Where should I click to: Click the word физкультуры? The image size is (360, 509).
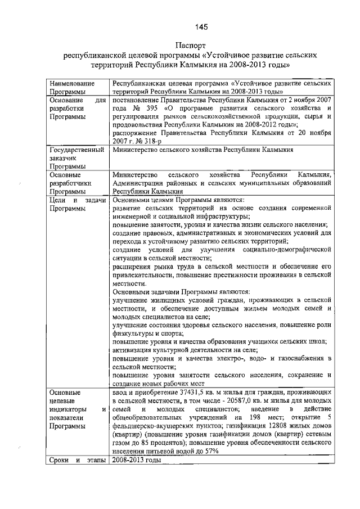coord(133,333)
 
